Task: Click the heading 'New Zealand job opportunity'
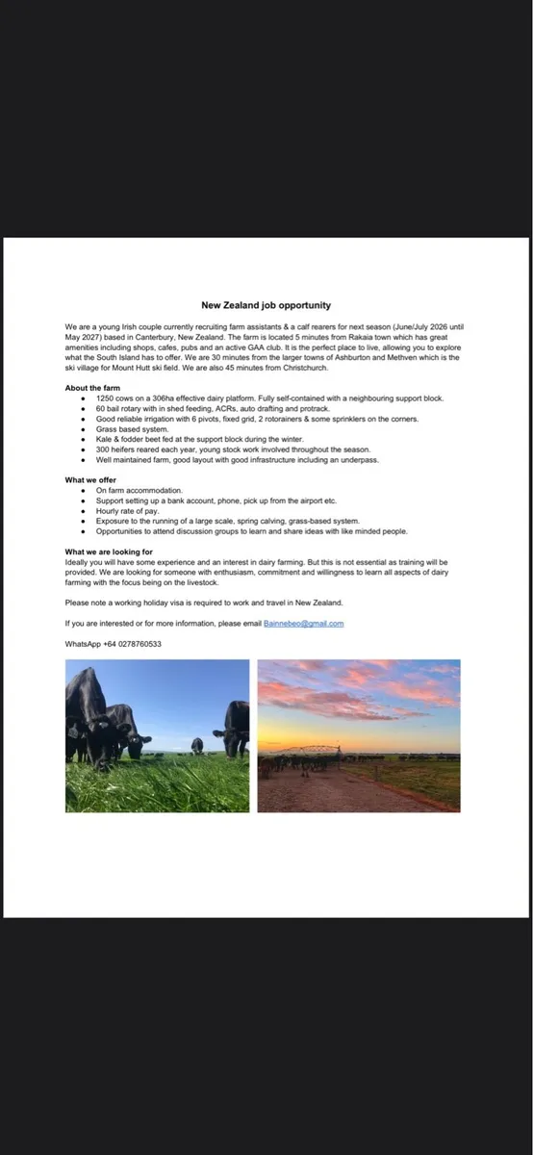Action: tap(266, 305)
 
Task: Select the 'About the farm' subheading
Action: tap(92, 388)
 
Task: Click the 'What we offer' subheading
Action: tap(91, 479)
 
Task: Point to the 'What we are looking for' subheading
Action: tap(109, 552)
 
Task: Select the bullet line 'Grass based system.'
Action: tap(132, 428)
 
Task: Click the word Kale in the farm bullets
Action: tap(104, 439)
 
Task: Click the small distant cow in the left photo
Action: tap(197, 745)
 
